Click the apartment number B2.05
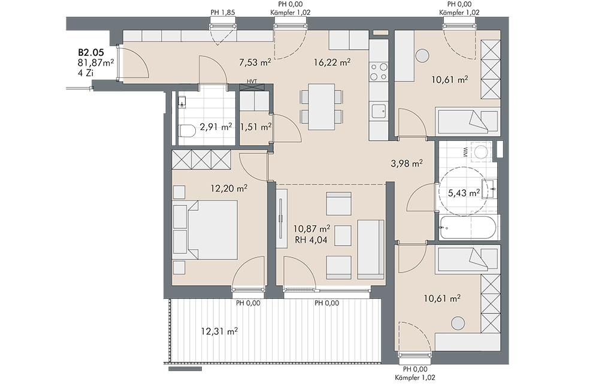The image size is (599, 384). coord(91,53)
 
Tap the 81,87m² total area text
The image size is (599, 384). coord(96,63)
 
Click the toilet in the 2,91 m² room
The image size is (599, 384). coord(186,131)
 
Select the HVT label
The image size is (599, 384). coord(252,81)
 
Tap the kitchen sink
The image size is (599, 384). coord(379,111)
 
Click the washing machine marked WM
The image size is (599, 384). coord(479,152)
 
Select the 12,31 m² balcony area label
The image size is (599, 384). coord(219,332)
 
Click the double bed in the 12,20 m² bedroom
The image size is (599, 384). coord(212,230)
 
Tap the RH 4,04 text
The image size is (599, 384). coord(311,240)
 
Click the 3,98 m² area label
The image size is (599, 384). coord(407,164)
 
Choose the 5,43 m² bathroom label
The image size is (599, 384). coord(464,193)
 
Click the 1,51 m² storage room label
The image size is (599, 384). coord(256,126)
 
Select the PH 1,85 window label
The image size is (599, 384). coord(223,12)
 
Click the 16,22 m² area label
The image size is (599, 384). coord(332,62)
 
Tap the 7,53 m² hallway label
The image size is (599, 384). coord(255,62)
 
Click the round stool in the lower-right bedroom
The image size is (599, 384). coord(458,323)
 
